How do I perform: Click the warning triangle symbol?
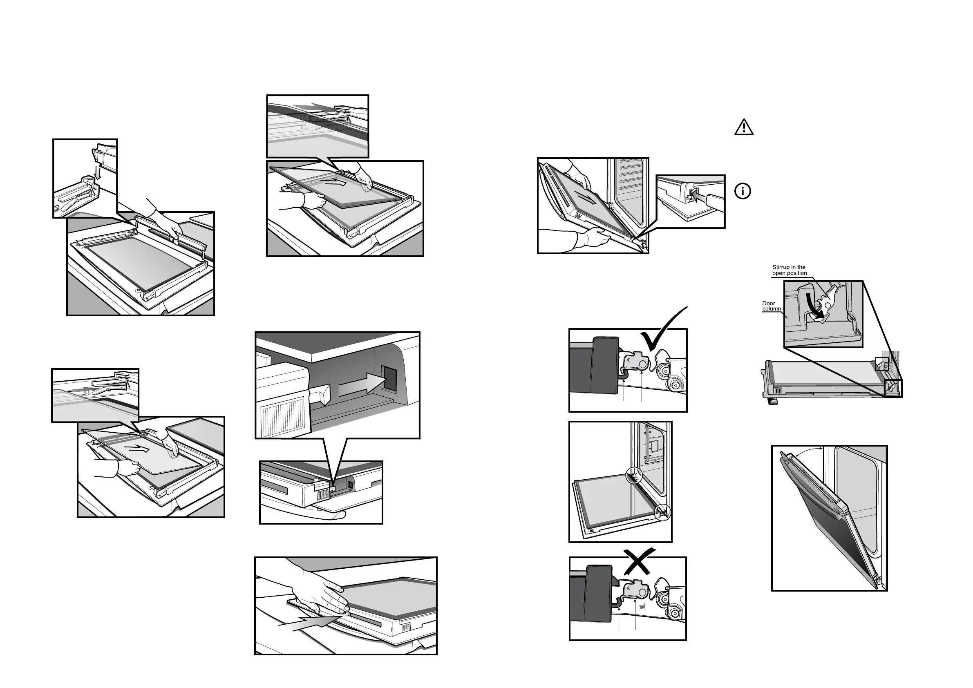point(744,127)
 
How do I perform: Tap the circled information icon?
point(743,191)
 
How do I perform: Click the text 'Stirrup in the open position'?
point(789,270)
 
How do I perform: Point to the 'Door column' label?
point(771,306)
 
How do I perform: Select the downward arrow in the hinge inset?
point(98,172)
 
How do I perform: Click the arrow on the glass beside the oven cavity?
point(586,197)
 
